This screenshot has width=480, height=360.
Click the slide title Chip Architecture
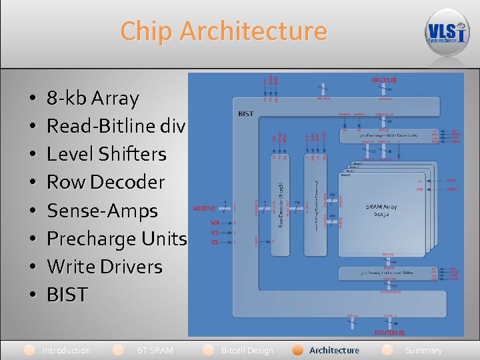click(224, 31)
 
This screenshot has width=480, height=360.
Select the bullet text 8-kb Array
click(93, 99)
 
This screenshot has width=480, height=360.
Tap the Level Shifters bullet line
click(106, 154)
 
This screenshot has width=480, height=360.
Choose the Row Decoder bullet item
click(105, 182)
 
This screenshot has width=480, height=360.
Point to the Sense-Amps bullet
click(102, 211)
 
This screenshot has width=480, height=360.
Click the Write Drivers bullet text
click(105, 267)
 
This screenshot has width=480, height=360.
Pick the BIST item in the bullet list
click(67, 295)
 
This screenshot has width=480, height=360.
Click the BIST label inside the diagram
click(245, 114)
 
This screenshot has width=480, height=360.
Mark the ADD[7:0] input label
click(203, 207)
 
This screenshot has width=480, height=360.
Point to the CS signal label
click(215, 242)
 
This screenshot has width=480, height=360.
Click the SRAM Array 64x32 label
click(381, 211)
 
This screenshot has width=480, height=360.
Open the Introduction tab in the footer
click(66, 350)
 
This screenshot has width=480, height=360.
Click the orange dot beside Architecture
click(298, 350)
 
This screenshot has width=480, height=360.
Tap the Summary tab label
click(423, 350)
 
